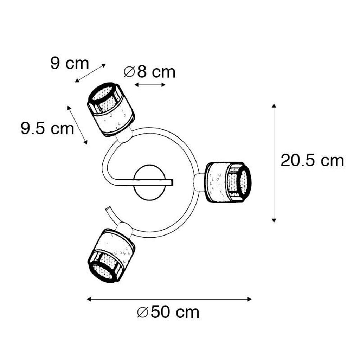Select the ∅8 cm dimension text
(x=149, y=72)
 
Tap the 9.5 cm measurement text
(x=47, y=128)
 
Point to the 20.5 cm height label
(x=312, y=160)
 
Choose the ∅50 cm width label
(x=168, y=312)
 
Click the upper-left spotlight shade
(x=110, y=110)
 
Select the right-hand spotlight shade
(x=228, y=182)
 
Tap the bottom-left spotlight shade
(x=111, y=255)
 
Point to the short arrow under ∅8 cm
(x=150, y=85)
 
